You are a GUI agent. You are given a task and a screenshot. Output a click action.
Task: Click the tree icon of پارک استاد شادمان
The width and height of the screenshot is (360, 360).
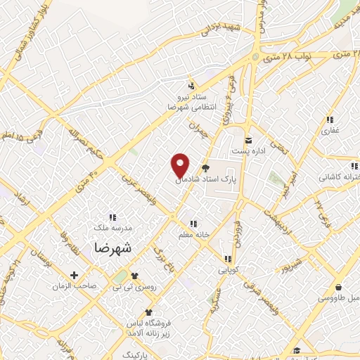(205, 167)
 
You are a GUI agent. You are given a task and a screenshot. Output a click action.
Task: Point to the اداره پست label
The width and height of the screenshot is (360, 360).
(247, 151)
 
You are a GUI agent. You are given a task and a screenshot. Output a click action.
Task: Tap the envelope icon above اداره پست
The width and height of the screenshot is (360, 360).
(247, 139)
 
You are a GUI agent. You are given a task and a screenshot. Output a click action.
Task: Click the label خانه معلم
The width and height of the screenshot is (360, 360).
(195, 236)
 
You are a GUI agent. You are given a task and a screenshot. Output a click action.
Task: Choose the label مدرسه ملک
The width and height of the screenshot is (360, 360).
(113, 228)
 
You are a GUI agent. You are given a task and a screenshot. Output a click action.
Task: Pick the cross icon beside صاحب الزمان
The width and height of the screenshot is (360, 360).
(73, 274)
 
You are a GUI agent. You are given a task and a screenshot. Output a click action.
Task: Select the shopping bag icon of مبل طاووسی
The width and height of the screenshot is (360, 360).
(340, 287)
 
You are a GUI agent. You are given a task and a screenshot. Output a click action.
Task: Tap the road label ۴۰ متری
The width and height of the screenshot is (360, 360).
(92, 169)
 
